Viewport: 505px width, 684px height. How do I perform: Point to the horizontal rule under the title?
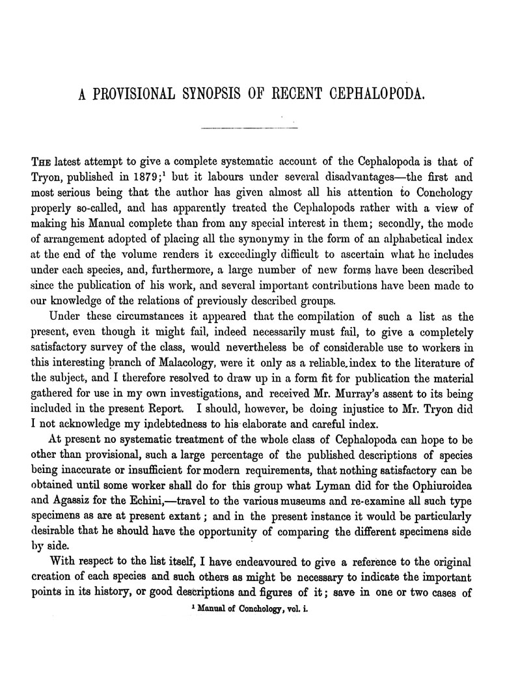tap(250, 128)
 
